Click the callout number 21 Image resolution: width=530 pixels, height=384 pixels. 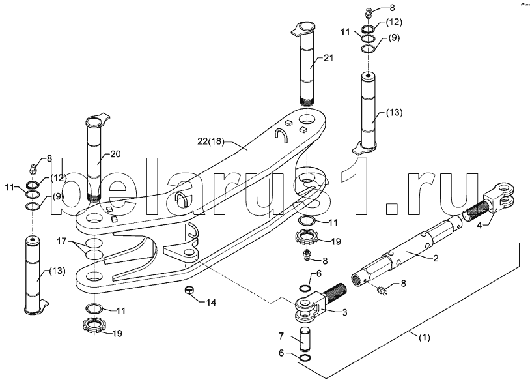(x=328, y=58)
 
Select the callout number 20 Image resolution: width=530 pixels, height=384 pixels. (x=115, y=154)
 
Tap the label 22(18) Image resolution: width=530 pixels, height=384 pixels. (x=210, y=141)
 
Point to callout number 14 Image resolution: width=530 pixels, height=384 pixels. (x=211, y=302)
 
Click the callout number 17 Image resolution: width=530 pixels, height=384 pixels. (x=61, y=242)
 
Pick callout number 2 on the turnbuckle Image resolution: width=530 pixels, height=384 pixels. (x=436, y=258)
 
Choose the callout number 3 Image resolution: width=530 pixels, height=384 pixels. (x=344, y=312)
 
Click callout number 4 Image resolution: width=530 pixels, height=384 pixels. (x=479, y=225)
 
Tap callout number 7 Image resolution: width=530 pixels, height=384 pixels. (x=281, y=336)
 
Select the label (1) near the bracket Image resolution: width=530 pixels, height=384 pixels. (x=424, y=337)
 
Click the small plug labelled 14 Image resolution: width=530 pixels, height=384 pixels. (x=189, y=290)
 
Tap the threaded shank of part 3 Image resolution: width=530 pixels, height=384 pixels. (x=334, y=291)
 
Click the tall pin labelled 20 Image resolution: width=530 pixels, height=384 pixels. (x=96, y=157)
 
